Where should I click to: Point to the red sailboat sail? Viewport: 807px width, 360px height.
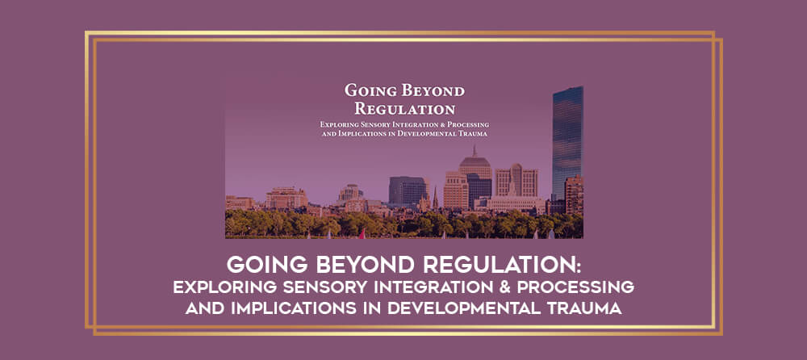pos(362,234)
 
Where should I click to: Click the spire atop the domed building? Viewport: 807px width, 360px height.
pos(475,152)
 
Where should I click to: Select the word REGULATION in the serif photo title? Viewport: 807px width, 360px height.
pos(405,109)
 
